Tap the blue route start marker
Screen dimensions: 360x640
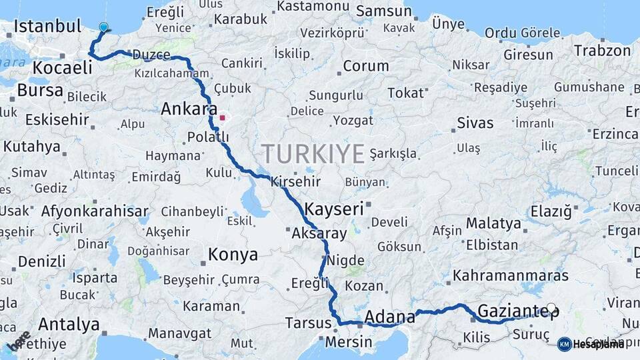coord(103,27)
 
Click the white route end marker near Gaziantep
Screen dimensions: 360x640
coord(551,308)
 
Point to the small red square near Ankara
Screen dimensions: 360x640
coord(222,118)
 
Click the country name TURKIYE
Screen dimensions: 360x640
coord(313,153)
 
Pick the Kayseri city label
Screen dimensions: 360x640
coord(334,209)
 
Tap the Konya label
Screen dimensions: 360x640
coord(233,254)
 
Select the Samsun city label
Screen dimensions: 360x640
coord(383,11)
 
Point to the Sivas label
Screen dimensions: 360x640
coord(475,123)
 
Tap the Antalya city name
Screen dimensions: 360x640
coord(69,325)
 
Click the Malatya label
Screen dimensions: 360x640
coord(493,223)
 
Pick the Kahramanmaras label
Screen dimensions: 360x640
coord(511,275)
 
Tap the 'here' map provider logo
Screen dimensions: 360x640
coord(19,341)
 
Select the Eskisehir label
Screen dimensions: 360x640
coord(57,120)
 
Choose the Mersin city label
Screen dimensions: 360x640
coord(349,342)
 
